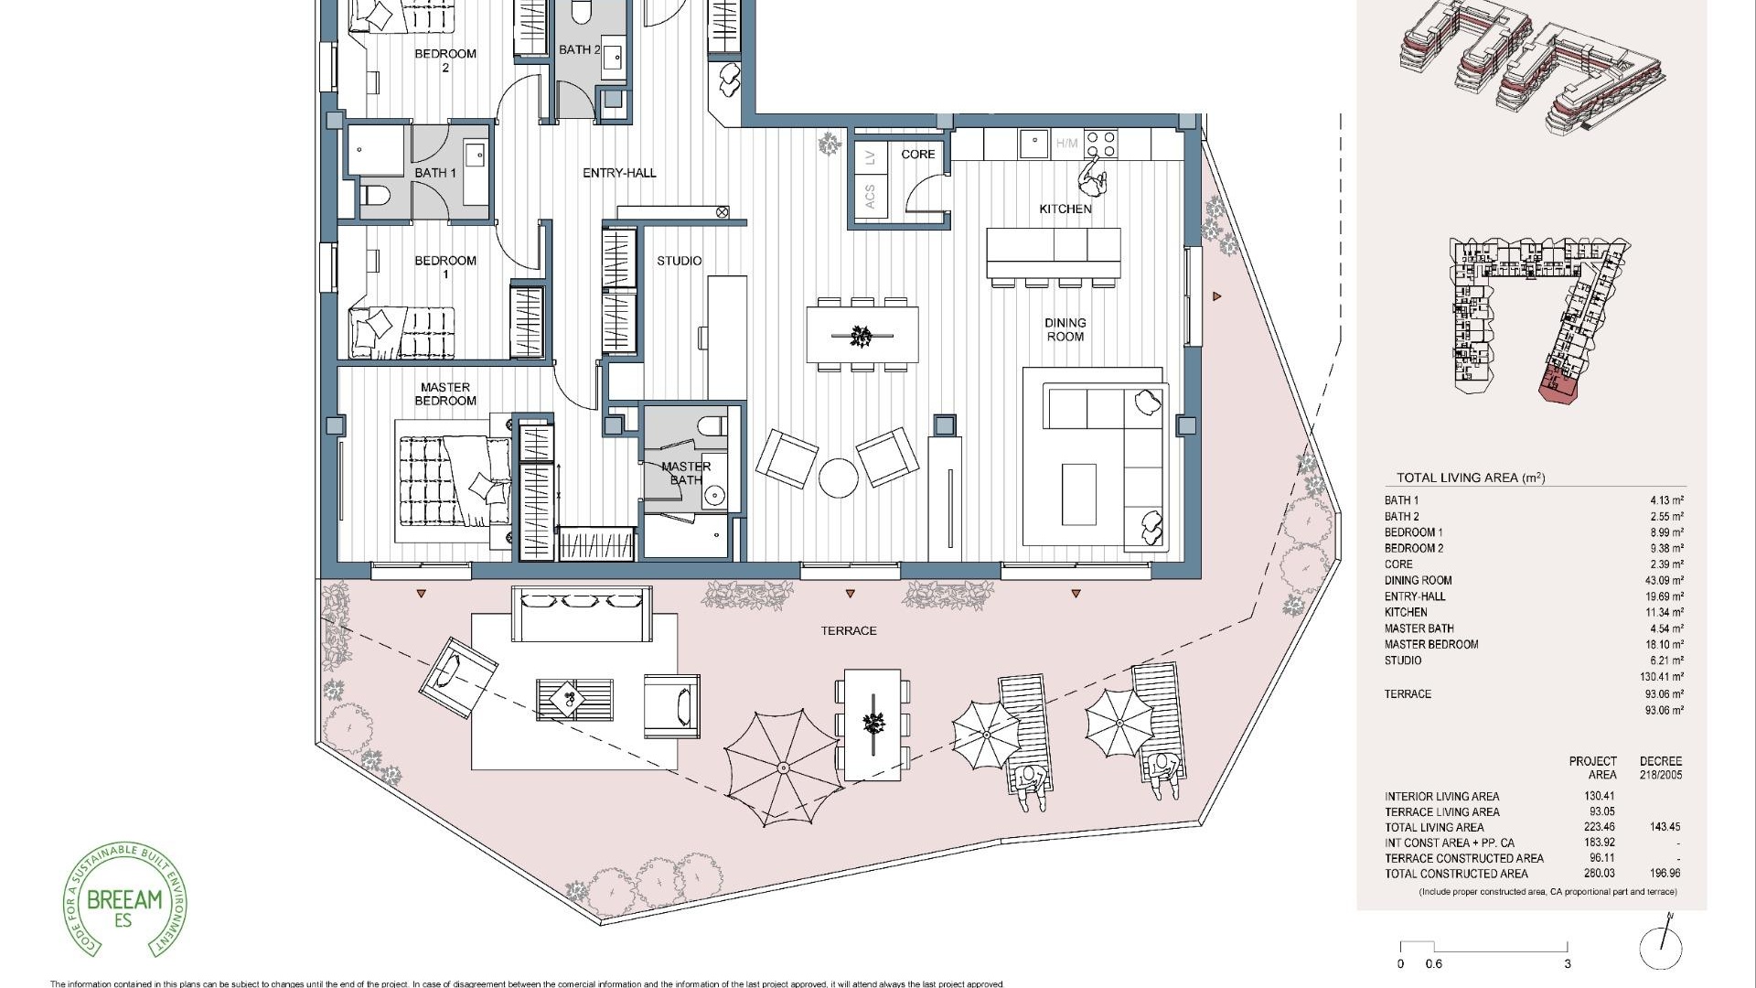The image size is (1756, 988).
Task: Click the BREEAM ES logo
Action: tap(123, 902)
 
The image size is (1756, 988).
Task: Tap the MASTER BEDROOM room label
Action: tap(445, 394)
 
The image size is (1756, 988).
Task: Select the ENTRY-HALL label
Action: tap(619, 173)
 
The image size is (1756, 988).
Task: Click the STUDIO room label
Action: tap(679, 262)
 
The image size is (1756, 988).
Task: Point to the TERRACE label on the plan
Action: tap(848, 631)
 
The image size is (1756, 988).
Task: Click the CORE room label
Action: tap(917, 155)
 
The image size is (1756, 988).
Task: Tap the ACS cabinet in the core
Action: tap(870, 196)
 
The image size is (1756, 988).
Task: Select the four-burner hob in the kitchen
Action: tap(1102, 144)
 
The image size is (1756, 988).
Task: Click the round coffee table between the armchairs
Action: tap(838, 478)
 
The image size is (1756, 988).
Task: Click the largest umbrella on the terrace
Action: tap(783, 767)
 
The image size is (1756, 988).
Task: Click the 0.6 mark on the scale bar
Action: tap(1434, 963)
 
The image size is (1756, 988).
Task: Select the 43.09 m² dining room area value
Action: tap(1665, 581)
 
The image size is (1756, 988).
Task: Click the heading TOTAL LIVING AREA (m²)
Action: tap(1470, 478)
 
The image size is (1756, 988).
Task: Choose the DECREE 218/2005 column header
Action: tap(1660, 768)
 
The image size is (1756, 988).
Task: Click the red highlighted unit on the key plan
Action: tap(1558, 388)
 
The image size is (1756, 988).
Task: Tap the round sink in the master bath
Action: tap(714, 496)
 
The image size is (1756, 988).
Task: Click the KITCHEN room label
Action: tap(1065, 209)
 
